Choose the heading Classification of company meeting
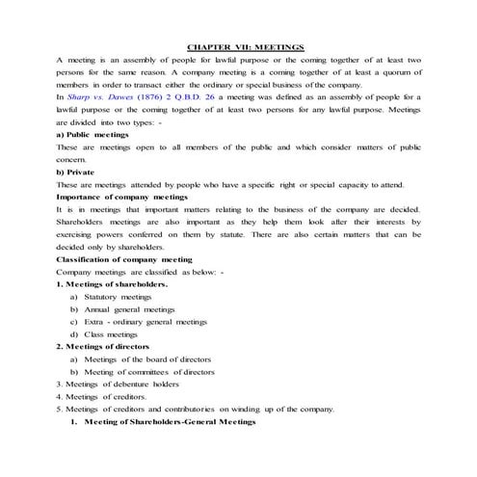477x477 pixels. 124,259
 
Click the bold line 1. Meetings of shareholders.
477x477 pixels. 112,284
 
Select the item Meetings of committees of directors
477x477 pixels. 148,372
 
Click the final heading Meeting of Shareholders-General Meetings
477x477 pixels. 170,422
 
